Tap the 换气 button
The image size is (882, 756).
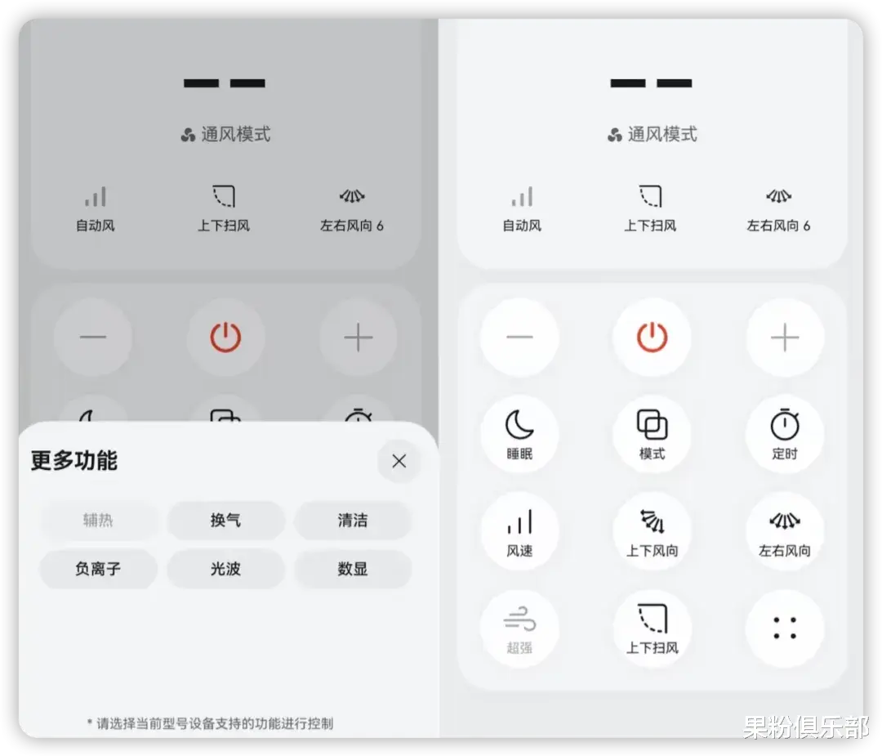coord(225,521)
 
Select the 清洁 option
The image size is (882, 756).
coord(352,521)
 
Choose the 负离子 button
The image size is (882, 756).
coord(98,569)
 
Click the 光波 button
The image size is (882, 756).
coord(225,569)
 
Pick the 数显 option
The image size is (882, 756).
coord(352,569)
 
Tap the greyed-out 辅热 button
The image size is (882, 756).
coord(98,521)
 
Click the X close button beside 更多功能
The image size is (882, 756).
coord(399,462)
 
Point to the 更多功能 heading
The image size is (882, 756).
coord(74,461)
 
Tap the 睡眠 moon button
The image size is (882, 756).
coord(519,434)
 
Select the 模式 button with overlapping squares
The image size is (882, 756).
coord(652,434)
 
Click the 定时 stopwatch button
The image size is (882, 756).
coord(784,434)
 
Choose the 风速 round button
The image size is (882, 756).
coord(519,530)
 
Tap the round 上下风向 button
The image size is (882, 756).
coord(652,530)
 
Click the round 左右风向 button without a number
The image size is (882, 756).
coord(784,530)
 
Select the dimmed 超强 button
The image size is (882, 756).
coord(519,629)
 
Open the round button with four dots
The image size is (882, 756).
coord(784,629)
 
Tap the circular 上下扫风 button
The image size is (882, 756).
coord(652,629)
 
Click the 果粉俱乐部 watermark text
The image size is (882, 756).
coord(804,727)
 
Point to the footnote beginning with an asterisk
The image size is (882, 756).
coord(210,723)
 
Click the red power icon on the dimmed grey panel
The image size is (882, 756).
coord(225,337)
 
